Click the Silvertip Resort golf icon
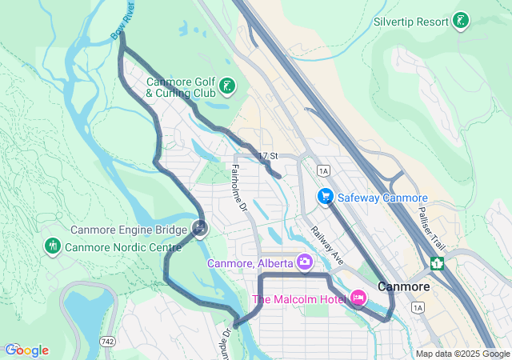coord(461,21)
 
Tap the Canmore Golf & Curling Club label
coord(180,87)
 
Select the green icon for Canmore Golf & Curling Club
coord(226,86)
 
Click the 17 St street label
coord(268,155)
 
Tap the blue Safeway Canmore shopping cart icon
coord(325,196)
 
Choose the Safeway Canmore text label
coord(382,198)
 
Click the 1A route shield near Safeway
coord(323,170)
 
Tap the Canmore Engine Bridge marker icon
coord(199,229)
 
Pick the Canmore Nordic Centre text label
coord(123,247)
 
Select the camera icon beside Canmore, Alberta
coord(304,262)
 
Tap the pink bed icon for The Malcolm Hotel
coord(358,299)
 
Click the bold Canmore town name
coord(404,286)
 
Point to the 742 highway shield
coord(106,342)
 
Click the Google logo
coord(26,350)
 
